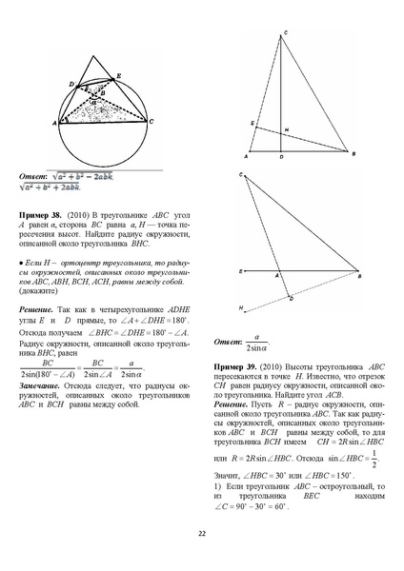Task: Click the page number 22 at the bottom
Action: coord(202,533)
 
